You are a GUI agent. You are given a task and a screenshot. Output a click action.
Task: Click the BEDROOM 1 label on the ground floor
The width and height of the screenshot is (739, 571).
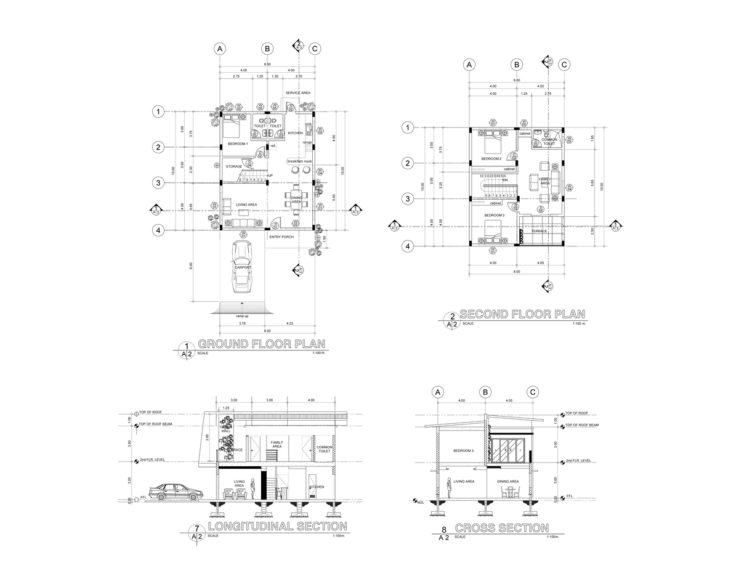pos(238,144)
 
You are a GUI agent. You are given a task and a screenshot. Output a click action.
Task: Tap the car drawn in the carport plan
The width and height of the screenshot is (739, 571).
pos(242,267)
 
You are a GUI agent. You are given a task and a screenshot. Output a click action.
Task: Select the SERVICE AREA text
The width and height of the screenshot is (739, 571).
pos(297,93)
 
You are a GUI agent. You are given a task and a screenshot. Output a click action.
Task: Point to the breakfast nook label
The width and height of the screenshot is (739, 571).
pos(299,161)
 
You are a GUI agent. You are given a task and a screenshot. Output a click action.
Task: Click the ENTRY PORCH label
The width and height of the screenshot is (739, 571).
pos(281,237)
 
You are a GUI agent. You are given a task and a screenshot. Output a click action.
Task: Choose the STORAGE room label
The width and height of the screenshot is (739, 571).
pos(234,166)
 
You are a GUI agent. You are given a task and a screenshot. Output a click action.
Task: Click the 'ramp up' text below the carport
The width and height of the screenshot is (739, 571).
pos(242,316)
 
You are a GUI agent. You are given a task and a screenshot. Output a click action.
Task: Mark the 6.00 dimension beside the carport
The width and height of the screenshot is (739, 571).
pos(191,265)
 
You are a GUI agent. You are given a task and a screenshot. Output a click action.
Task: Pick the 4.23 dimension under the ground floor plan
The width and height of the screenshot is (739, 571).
pos(289,323)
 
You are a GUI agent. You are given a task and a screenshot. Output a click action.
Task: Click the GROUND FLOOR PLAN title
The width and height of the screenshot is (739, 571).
pos(262,344)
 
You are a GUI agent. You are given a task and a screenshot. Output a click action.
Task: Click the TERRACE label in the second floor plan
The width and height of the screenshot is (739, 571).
pos(539,231)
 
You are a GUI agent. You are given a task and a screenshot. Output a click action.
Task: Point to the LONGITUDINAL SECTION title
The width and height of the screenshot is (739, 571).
pos(277,527)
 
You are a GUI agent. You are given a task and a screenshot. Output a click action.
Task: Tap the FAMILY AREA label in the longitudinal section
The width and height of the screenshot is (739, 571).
pos(277,444)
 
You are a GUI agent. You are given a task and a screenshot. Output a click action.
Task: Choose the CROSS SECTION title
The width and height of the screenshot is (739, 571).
pos(502,528)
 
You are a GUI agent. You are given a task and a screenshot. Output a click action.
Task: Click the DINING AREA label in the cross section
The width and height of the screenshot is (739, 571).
pos(508,482)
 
